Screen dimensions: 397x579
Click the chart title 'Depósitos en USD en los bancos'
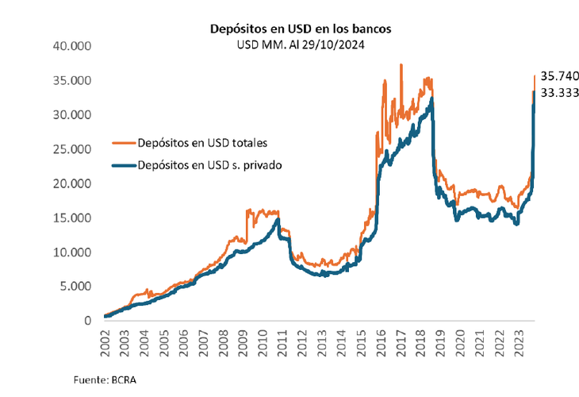(x=300, y=29)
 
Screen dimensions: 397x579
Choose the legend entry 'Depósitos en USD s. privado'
(x=211, y=165)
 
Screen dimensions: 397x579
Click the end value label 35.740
(x=560, y=76)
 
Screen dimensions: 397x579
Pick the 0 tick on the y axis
(x=90, y=321)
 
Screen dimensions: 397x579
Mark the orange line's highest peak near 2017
(x=401, y=65)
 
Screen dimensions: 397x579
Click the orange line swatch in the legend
(x=121, y=144)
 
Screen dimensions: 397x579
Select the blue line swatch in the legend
(x=121, y=165)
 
